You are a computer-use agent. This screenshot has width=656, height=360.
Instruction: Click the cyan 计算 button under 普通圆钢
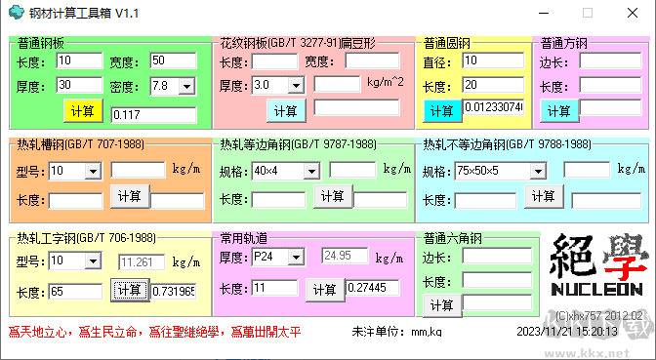click(x=442, y=110)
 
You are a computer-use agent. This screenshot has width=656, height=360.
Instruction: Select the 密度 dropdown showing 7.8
click(x=173, y=86)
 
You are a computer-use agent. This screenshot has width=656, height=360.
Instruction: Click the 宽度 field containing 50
click(x=173, y=60)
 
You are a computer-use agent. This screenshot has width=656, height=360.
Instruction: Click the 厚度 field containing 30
click(x=79, y=86)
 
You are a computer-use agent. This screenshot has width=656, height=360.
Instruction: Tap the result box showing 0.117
click(x=155, y=115)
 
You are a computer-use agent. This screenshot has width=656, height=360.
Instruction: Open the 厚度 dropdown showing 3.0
click(x=277, y=85)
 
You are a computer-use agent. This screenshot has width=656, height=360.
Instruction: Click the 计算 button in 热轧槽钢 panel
click(x=129, y=196)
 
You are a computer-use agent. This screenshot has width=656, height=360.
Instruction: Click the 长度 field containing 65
click(x=76, y=291)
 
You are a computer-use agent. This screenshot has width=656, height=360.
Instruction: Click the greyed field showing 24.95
click(x=345, y=257)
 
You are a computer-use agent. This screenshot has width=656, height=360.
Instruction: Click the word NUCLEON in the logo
click(x=595, y=291)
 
